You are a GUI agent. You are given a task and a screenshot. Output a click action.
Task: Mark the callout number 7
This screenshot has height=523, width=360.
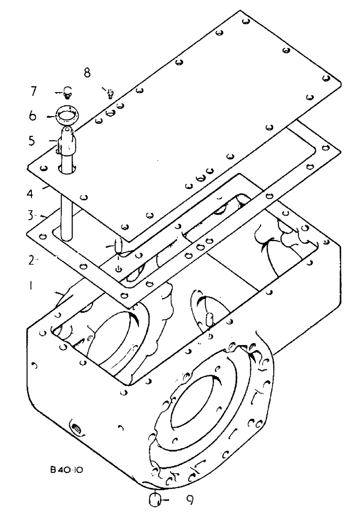coord(33,92)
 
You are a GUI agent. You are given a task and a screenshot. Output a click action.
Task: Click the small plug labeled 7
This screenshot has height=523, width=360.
coord(67,93)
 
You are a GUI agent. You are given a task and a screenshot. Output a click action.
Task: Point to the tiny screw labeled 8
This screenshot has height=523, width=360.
coord(110,94)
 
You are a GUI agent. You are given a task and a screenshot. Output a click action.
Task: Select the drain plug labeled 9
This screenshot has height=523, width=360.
coord(155,499)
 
